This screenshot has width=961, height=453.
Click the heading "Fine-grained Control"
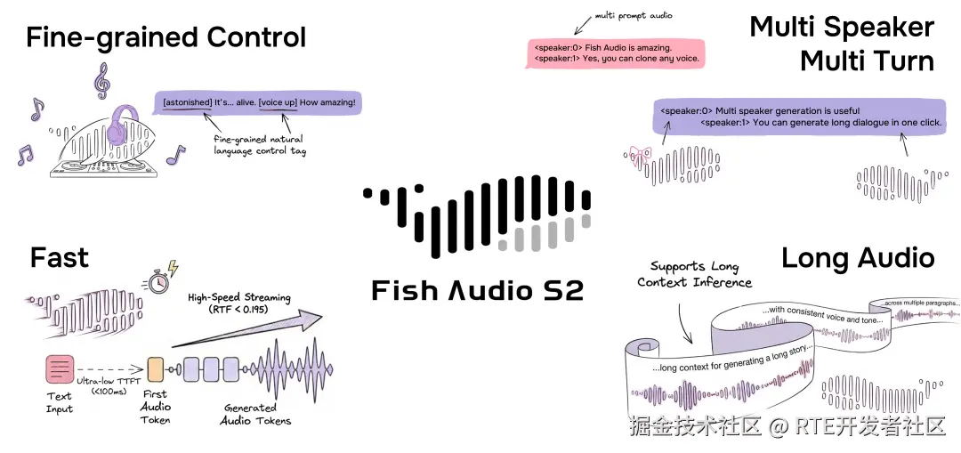(166, 37)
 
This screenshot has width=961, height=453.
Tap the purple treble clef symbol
(101, 81)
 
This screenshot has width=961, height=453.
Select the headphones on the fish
(125, 125)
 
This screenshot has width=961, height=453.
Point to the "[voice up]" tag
(278, 102)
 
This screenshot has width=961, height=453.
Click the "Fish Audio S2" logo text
(478, 290)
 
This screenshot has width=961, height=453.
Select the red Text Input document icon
(60, 369)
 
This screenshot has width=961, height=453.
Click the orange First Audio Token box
(156, 369)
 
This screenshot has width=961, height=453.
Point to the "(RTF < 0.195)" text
(239, 310)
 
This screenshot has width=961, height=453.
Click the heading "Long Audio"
(858, 258)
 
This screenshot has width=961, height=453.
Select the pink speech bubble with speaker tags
(616, 52)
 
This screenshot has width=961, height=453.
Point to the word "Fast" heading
(60, 258)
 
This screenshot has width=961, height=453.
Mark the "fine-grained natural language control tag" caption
(258, 144)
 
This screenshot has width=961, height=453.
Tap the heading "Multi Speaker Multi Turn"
(842, 44)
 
